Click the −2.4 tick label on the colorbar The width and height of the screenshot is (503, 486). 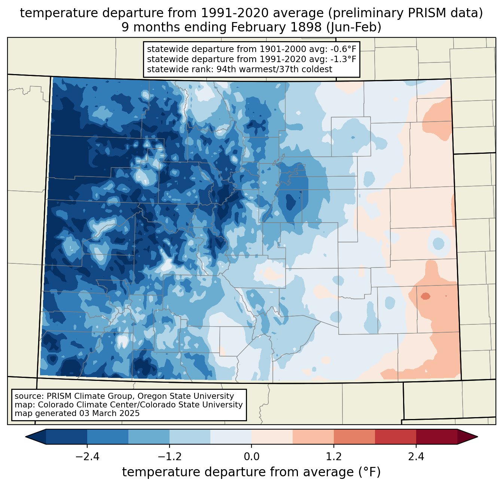pos(87,457)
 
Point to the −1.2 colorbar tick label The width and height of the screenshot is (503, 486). pos(169,457)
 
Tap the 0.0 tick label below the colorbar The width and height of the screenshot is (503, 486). pos(251,457)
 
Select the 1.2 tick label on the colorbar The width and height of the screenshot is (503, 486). pos(334,457)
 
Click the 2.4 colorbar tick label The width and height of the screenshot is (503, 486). pos(416,457)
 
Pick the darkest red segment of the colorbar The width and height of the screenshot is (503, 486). pos(436,437)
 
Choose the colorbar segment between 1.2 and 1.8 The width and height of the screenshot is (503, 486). pos(354,437)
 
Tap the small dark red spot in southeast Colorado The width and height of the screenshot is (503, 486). pos(426,296)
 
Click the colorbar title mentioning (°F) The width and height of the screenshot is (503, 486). pos(251,472)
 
